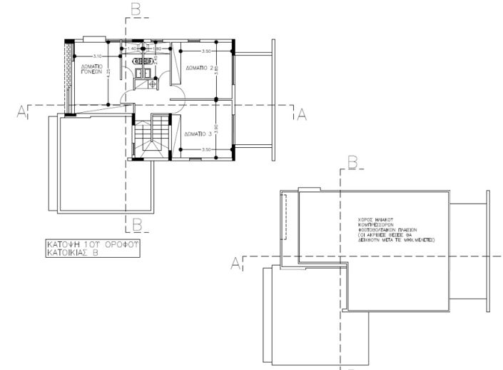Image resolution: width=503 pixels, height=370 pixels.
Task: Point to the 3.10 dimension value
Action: point(98,55)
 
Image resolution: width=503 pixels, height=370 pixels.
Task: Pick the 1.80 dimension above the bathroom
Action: point(158,49)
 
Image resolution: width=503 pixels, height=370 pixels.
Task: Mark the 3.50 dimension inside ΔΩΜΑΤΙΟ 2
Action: point(206,51)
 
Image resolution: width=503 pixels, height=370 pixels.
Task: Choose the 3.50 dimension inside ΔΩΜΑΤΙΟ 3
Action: point(206,149)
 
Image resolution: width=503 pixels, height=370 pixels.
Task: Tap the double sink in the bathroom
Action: point(141,71)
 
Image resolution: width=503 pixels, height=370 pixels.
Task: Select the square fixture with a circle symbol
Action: point(152,84)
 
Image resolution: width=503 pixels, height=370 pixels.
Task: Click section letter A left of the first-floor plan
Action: point(22,111)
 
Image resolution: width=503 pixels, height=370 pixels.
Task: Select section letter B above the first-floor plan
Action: point(136,9)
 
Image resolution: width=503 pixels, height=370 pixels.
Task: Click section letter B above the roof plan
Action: point(351,163)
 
